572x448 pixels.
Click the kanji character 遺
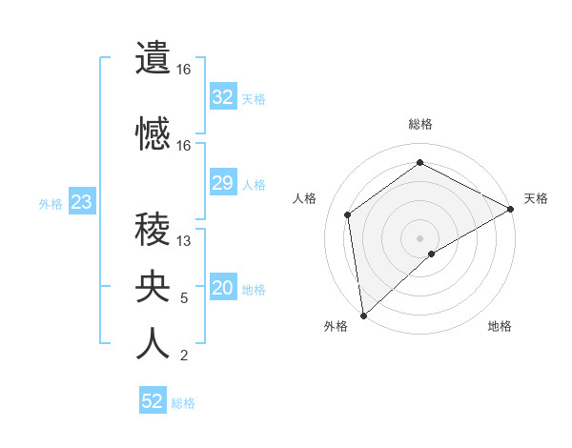(153, 58)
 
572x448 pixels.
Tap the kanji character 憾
(153, 133)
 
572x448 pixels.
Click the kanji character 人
(153, 344)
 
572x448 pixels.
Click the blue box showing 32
(222, 97)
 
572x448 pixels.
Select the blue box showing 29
(222, 183)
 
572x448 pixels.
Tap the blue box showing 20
(222, 288)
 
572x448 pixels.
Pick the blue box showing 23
(81, 202)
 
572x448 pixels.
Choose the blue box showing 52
(153, 401)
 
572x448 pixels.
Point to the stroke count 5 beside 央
(184, 298)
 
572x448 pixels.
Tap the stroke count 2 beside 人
(184, 356)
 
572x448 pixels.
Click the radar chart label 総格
(419, 124)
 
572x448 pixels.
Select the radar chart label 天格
(536, 198)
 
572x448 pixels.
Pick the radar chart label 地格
(500, 326)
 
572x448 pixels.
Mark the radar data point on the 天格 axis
(511, 209)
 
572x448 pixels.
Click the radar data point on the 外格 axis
(363, 315)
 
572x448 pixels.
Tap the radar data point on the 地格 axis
(432, 254)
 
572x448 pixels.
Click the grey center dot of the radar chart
(419, 236)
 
